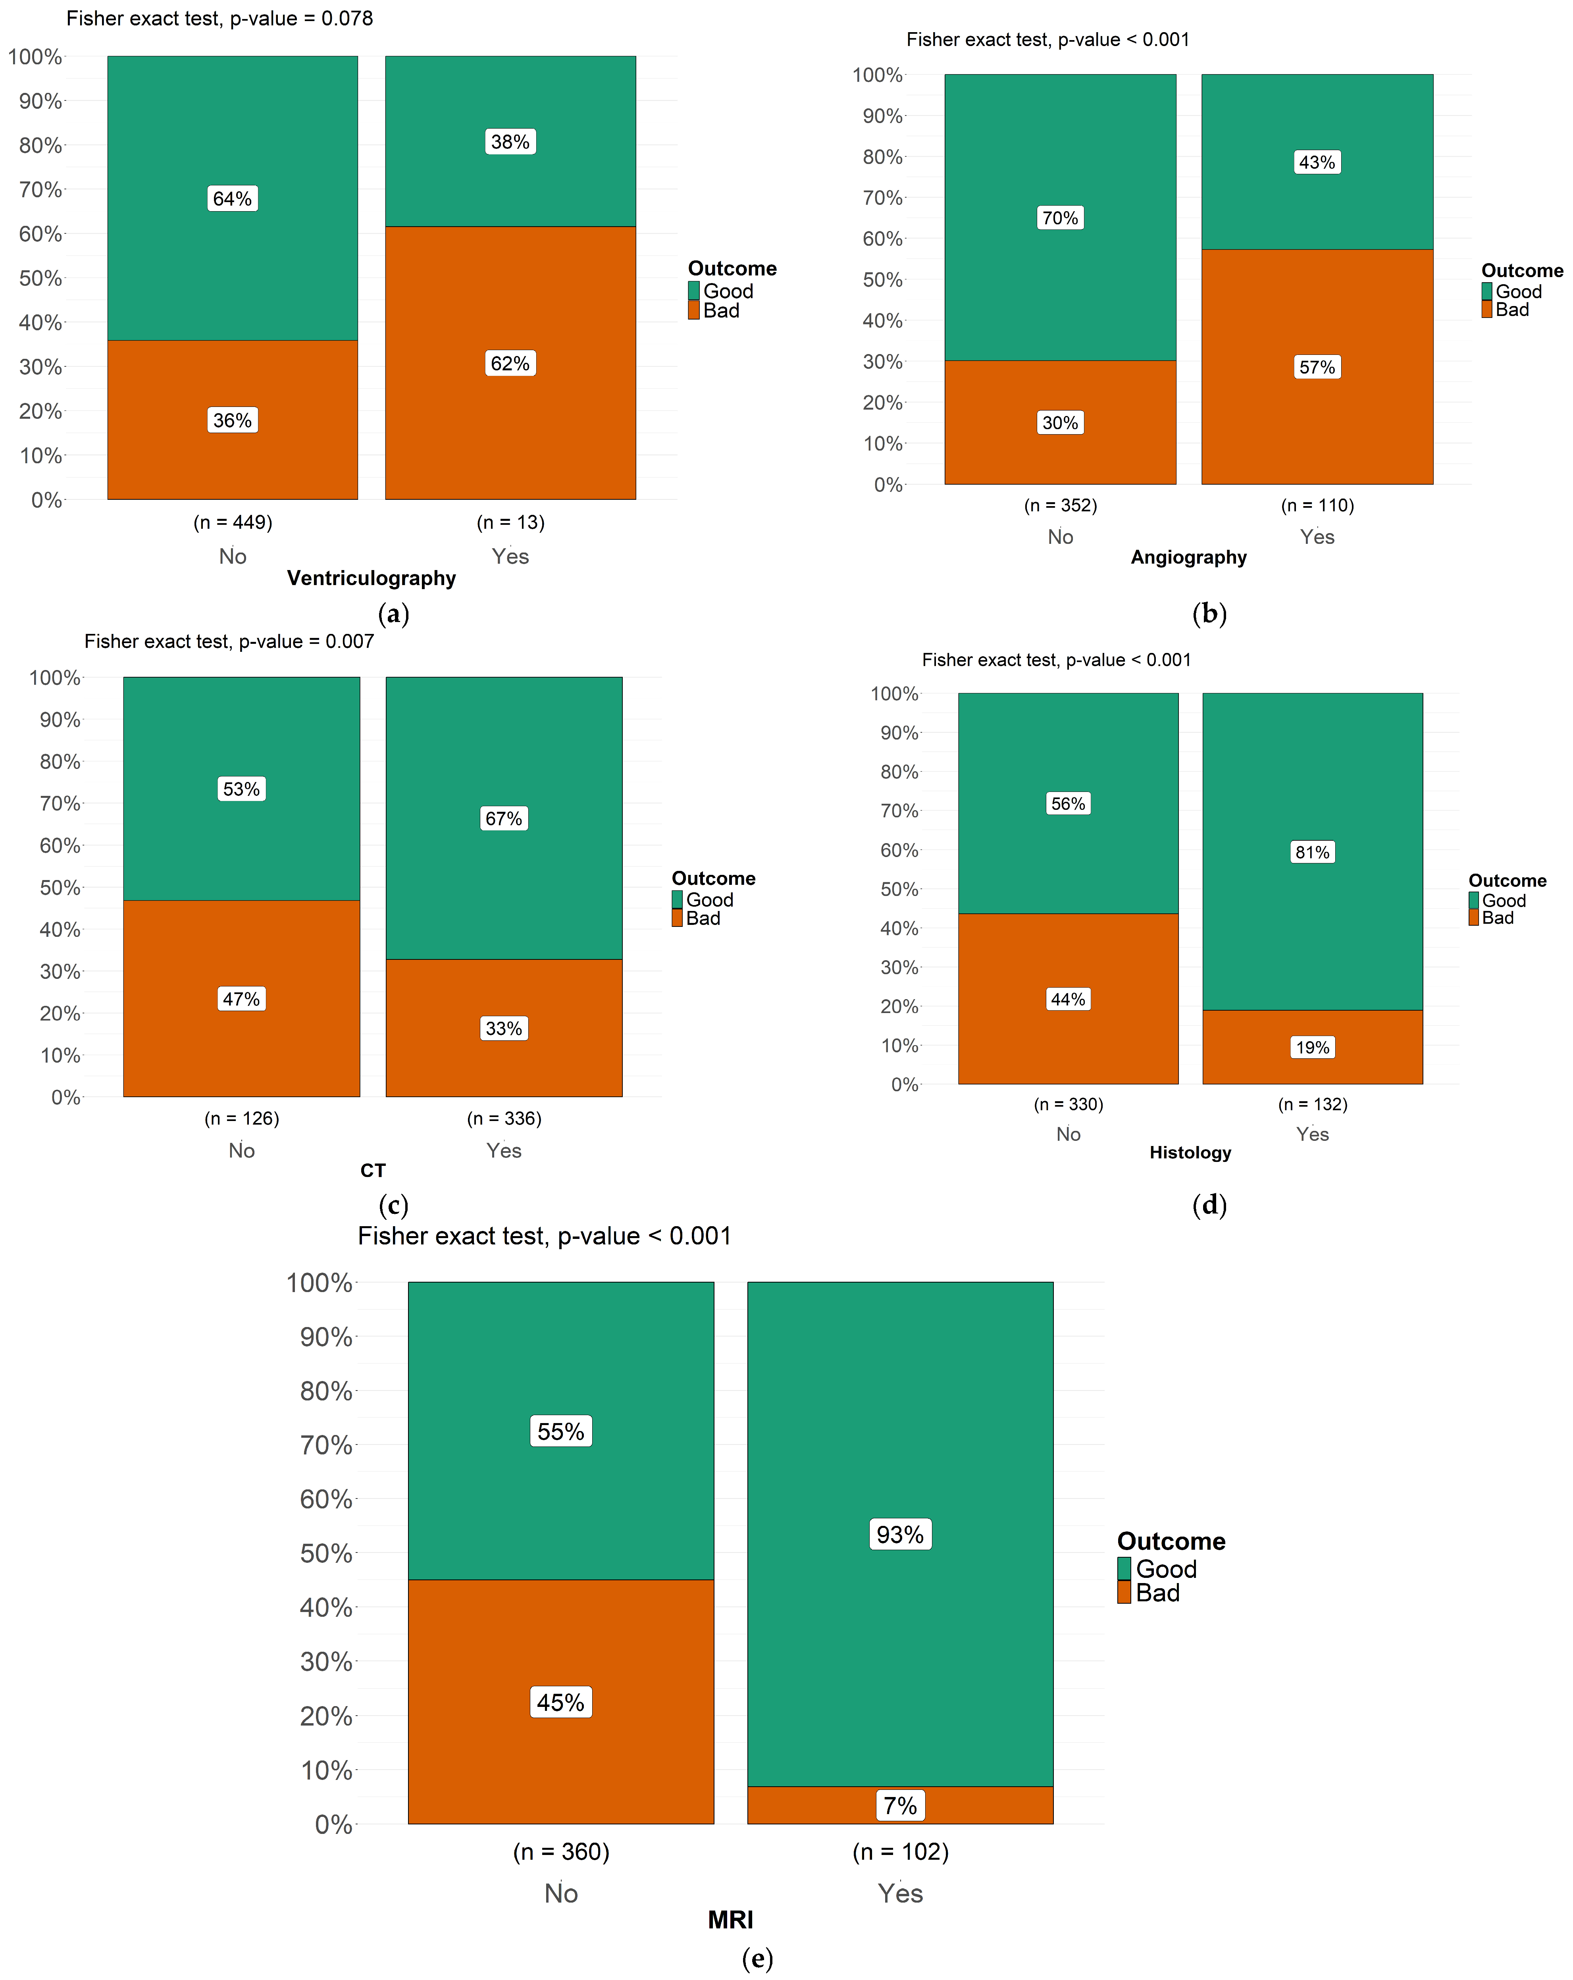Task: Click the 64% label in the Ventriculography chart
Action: click(232, 198)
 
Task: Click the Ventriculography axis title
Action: click(371, 579)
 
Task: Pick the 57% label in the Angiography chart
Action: click(1317, 367)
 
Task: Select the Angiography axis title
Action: click(1188, 557)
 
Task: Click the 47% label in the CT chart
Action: click(241, 999)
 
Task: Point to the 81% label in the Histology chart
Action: click(1312, 852)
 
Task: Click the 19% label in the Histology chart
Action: click(1312, 1048)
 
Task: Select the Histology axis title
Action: click(1190, 1152)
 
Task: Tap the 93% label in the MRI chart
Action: click(900, 1535)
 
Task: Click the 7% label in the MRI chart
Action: click(900, 1805)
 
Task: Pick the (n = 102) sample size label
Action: click(900, 1851)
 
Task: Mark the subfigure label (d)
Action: click(1209, 1205)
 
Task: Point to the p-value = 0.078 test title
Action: click(219, 18)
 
